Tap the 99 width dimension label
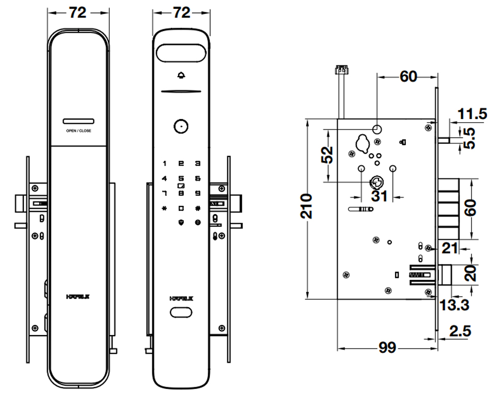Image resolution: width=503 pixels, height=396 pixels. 387,348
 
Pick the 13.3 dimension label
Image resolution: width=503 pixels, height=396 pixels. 454,305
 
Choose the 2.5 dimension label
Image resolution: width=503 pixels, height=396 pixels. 460,331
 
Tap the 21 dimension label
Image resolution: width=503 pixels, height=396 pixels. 450,248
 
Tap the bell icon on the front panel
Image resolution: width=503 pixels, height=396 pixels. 181,76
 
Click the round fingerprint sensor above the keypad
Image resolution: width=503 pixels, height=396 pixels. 181,126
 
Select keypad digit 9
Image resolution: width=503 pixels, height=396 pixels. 197,193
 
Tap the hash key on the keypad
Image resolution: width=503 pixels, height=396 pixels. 197,209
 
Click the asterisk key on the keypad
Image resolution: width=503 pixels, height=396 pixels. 165,209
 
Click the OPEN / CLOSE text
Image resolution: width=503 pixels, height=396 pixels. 78,131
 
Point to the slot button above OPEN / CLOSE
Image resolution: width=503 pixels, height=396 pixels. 78,121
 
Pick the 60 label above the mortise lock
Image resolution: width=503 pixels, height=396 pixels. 408,77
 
